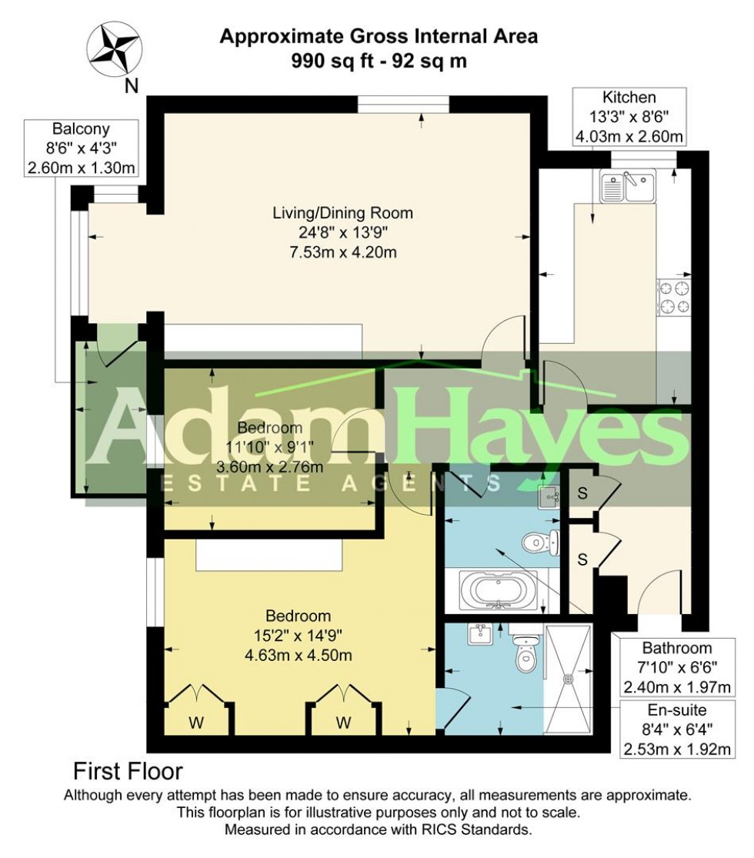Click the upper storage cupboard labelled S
tap(583, 493)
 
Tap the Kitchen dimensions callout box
tap(629, 117)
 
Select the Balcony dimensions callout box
tap(83, 148)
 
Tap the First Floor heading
tap(127, 770)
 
